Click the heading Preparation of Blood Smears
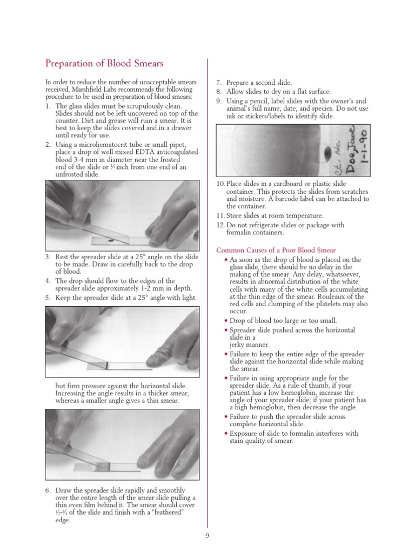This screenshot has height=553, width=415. pos(104,64)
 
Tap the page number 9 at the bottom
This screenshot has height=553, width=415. pos(207,535)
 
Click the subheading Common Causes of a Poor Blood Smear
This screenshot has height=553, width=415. pos(276,250)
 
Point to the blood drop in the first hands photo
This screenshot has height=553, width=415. pos(110,240)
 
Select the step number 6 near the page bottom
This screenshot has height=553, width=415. pos(48,490)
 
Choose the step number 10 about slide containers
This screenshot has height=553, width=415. pos(220,184)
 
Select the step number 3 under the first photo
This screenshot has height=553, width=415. pos(48,255)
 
